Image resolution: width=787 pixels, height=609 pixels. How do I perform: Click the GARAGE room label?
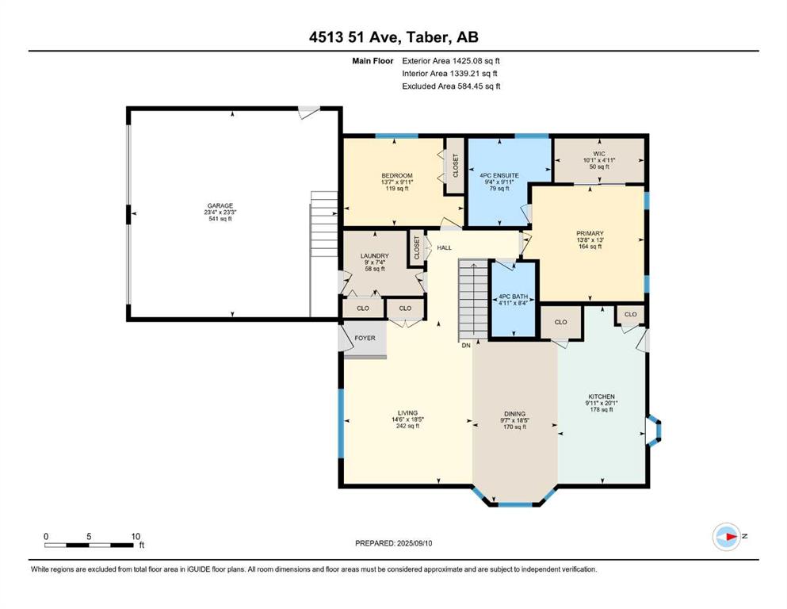coord(220,206)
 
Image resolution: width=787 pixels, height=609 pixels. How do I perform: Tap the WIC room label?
coord(599,154)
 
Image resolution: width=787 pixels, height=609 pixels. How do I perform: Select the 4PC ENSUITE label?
coord(499,176)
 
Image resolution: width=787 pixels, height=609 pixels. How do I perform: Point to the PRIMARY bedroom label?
coord(590,233)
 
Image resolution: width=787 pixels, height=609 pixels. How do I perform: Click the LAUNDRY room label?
coord(374,256)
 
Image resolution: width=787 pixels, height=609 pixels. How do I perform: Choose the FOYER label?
coord(365,339)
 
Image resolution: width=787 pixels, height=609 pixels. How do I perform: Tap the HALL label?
coord(444,247)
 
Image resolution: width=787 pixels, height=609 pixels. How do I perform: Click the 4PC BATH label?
coord(513,297)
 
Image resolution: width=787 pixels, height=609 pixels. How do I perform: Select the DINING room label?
coord(514,414)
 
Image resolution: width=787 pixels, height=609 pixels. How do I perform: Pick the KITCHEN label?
coord(602,396)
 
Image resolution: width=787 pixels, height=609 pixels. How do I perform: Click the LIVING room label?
coord(407,413)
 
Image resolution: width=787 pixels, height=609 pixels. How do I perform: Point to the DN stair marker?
coord(466,346)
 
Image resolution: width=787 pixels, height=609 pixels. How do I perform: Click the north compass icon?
coord(726,537)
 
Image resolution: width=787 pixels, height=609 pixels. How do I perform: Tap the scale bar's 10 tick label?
coord(136,536)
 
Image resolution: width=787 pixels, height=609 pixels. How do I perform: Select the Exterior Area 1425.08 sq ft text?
coord(451,61)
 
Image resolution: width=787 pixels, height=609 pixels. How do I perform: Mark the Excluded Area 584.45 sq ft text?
coord(451,86)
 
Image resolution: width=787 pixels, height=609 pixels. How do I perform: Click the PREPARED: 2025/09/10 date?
coord(393,543)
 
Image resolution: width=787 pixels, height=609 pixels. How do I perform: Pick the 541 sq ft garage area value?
coord(220,219)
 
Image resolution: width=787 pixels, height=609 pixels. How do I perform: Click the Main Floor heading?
coord(372,61)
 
